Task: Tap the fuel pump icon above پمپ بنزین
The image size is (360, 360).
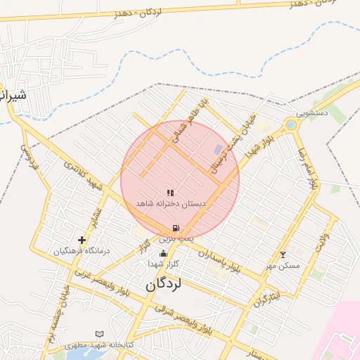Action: pyautogui.click(x=175, y=228)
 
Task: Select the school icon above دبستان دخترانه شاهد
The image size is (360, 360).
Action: pyautogui.click(x=169, y=193)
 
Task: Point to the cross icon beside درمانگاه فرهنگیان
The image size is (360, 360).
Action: pyautogui.click(x=82, y=240)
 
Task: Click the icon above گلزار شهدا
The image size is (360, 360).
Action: pyautogui.click(x=163, y=254)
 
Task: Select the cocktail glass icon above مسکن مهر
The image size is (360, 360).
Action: pyautogui.click(x=283, y=255)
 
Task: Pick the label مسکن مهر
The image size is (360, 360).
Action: pyautogui.click(x=283, y=265)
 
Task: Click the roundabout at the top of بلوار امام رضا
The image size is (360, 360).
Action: pyautogui.click(x=290, y=125)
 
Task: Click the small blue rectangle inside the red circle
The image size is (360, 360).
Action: pyautogui.click(x=218, y=149)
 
